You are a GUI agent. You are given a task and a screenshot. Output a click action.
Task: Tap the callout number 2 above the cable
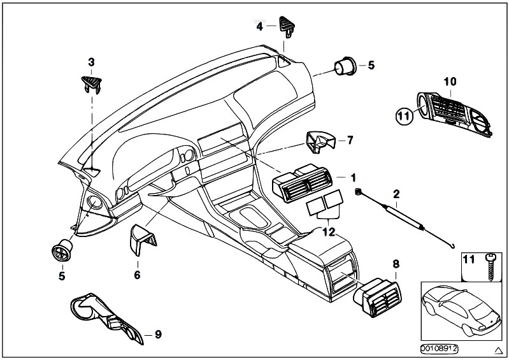[x=396, y=194]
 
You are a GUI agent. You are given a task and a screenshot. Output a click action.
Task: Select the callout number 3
[x=91, y=62]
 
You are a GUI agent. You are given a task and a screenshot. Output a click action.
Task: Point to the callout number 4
[x=259, y=27]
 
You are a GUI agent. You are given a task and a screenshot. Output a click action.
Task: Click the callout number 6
[x=137, y=275]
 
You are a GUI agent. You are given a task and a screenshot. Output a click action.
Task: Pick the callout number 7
[x=349, y=139]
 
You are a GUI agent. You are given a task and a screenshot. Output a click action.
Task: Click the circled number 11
[x=401, y=115]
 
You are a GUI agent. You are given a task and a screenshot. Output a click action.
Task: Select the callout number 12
[x=328, y=232]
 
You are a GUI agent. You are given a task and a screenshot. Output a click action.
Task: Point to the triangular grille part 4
[x=283, y=27]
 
